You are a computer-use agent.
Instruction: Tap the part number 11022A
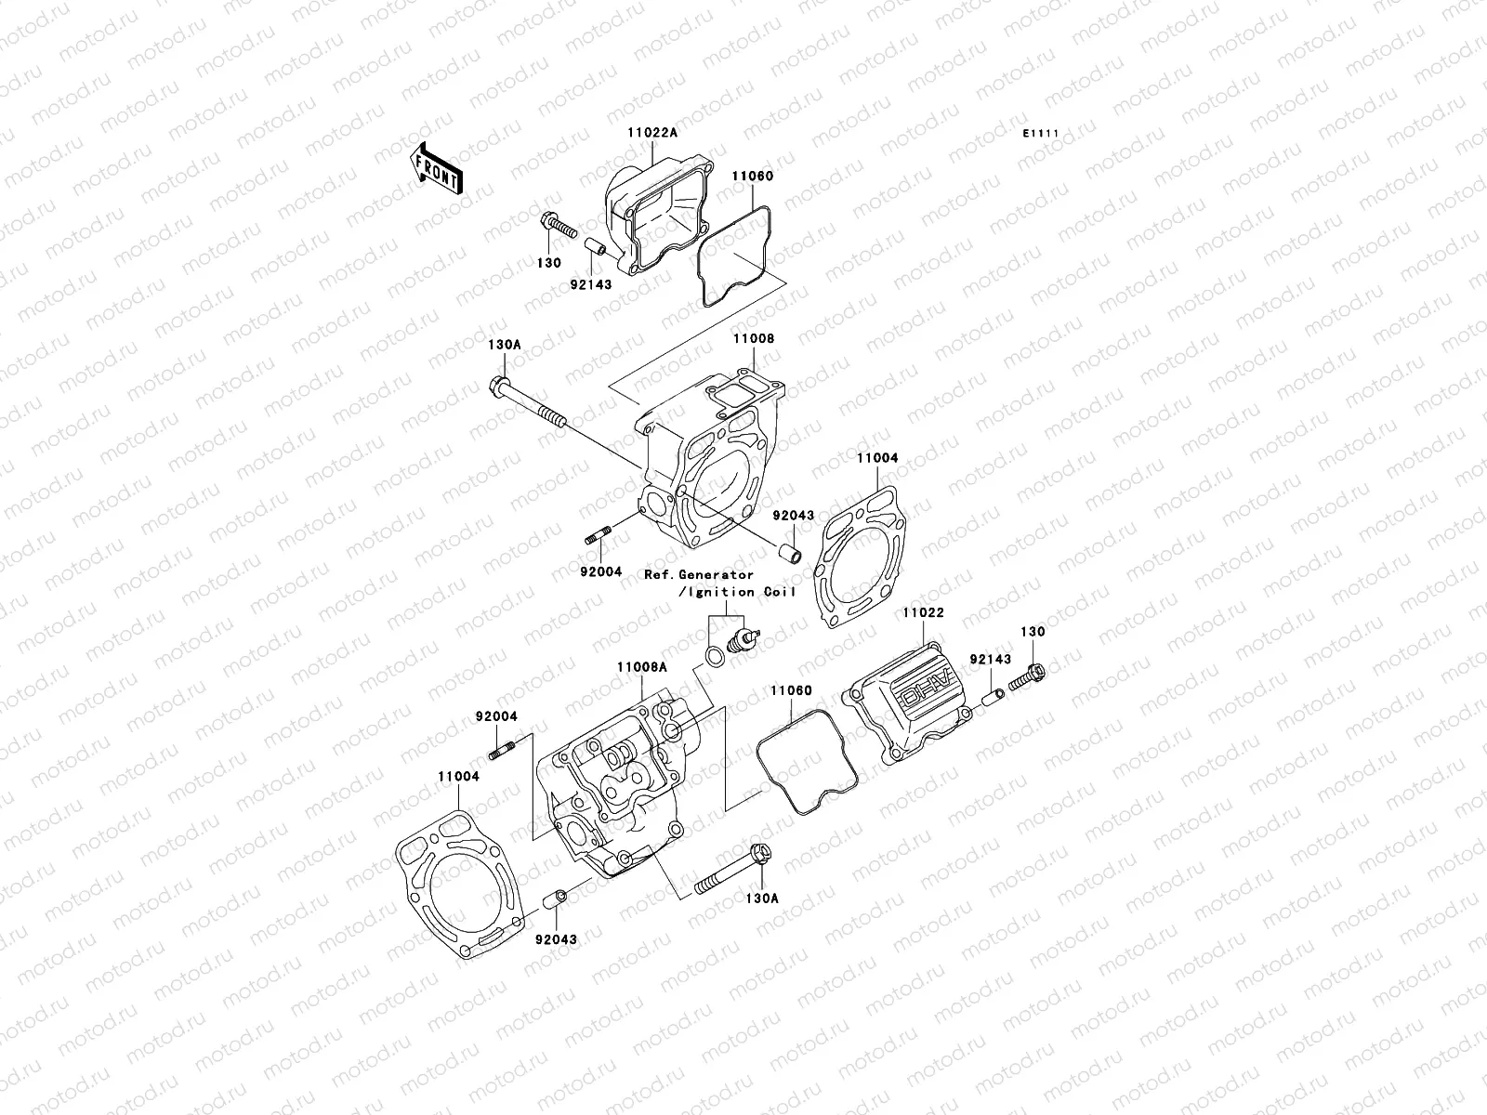tap(651, 133)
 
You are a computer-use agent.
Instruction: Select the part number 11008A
tap(641, 667)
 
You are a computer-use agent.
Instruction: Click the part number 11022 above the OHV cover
tap(921, 613)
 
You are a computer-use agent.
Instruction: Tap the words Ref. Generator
tap(699, 575)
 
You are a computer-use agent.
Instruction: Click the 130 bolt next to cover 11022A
tap(556, 226)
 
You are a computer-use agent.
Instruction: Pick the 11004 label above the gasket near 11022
tap(877, 458)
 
